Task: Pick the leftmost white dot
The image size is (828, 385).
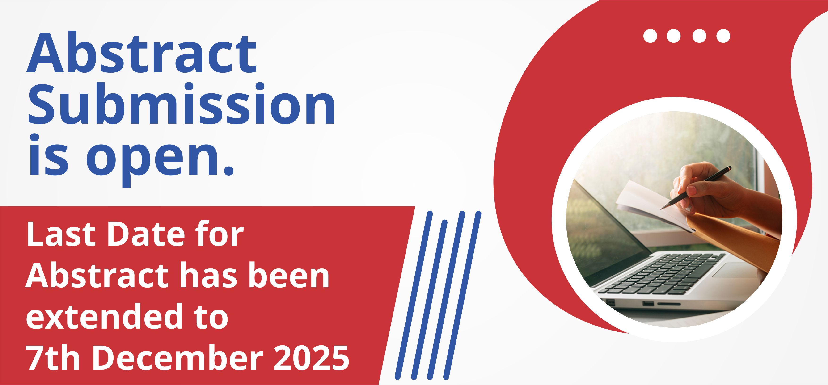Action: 650,36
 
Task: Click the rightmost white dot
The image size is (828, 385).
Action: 723,36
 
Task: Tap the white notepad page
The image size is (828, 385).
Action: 649,206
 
